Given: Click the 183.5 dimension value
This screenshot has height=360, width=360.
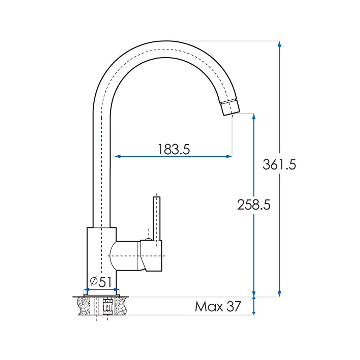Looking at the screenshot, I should (174, 149).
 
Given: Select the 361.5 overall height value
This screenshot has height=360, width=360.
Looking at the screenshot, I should (279, 165).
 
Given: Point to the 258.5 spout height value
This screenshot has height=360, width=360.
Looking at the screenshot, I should (254, 205).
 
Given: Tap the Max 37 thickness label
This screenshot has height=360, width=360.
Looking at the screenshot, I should (217, 306).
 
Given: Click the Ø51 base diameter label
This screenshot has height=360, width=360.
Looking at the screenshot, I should (100, 282).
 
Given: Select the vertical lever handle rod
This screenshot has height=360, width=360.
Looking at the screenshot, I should (156, 217).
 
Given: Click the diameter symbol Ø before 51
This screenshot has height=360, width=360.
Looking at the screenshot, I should (94, 282).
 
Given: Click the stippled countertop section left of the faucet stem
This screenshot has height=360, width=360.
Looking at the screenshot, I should (85, 306).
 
